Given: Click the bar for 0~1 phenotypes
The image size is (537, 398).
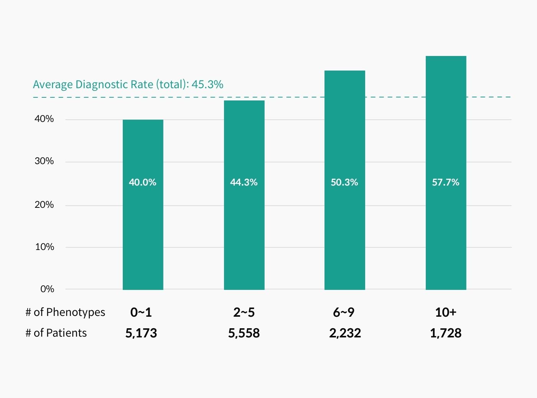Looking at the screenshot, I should (x=143, y=230).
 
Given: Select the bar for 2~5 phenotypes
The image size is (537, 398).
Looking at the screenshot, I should (x=244, y=230).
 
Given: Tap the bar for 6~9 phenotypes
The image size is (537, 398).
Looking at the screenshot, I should (x=344, y=230).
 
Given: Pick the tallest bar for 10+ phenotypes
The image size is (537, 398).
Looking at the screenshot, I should (x=446, y=230).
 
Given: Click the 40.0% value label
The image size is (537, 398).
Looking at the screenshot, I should (x=143, y=182).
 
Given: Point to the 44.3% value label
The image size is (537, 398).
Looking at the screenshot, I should (x=244, y=182).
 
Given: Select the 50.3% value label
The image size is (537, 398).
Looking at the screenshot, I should (x=344, y=182).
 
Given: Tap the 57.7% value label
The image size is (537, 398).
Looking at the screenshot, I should (x=446, y=182).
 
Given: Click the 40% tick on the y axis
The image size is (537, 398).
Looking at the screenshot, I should (x=44, y=119).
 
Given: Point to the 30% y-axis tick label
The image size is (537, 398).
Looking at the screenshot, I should (x=44, y=161).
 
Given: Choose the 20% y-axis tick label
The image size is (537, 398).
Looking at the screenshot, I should (x=44, y=205).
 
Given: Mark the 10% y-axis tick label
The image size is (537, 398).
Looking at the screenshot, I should (x=44, y=247).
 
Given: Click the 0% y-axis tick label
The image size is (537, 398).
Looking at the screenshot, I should (x=47, y=289).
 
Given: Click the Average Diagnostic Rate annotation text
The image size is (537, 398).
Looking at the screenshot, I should (x=128, y=84).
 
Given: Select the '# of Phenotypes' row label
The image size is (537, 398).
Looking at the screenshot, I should (x=65, y=312).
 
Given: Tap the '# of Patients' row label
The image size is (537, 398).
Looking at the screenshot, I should (x=56, y=333).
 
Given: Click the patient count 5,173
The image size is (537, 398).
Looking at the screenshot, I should (x=141, y=333).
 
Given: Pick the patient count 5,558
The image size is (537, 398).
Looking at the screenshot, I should (x=244, y=333).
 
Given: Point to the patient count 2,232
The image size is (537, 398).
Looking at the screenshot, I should (x=345, y=333).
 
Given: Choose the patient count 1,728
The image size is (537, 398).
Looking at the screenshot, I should (x=446, y=333).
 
